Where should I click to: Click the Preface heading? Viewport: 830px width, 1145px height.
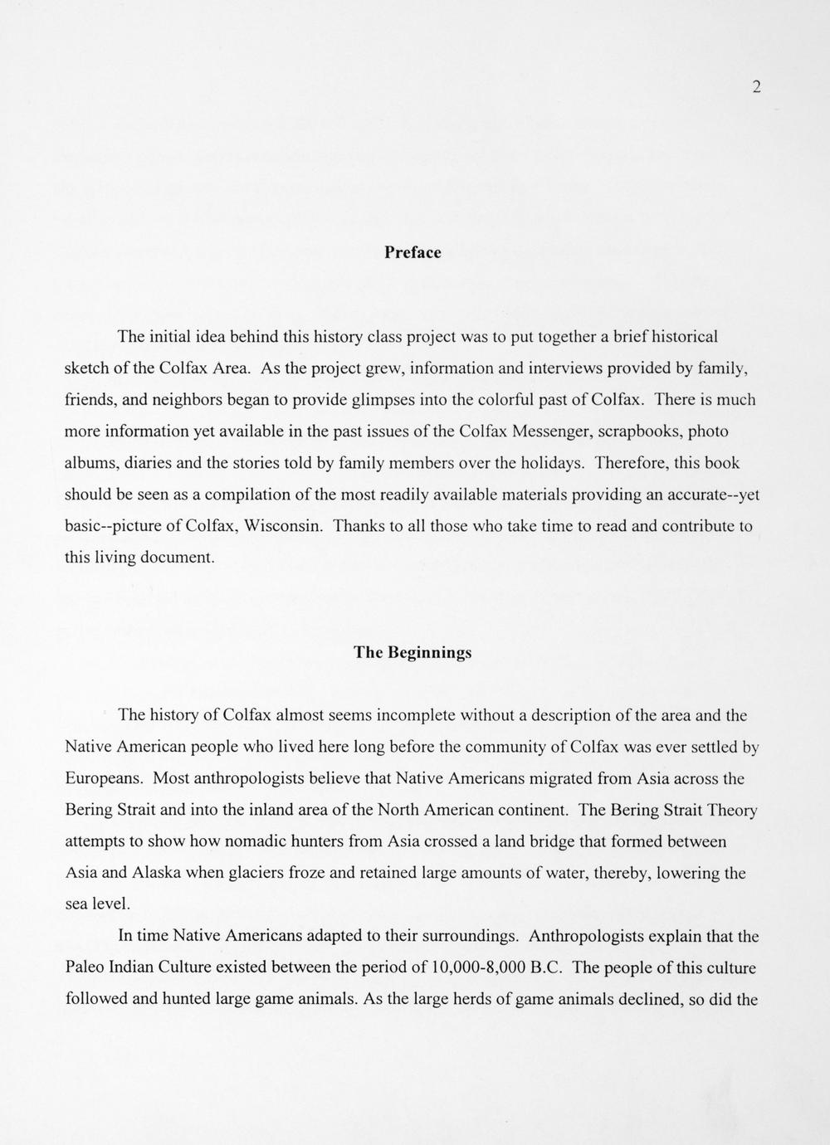click(x=413, y=253)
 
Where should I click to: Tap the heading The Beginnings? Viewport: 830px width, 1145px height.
click(x=413, y=652)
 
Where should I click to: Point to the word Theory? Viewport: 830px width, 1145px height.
click(x=727, y=811)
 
